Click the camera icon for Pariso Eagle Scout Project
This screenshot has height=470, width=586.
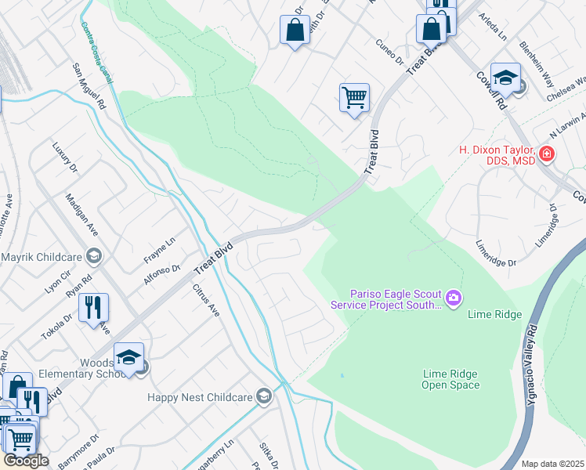pos(454,298)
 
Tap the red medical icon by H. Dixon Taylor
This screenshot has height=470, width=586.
pos(547,154)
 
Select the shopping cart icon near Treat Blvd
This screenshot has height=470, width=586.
pos(354,99)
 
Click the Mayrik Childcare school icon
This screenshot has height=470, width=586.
pos(94,255)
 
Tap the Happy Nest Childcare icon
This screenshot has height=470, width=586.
pos(264,396)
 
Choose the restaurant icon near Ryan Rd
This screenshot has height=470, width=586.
pos(94,308)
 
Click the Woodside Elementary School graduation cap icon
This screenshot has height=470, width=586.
pos(129,358)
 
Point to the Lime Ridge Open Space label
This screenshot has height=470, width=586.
pos(450,379)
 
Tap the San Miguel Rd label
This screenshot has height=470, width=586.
pos(89,88)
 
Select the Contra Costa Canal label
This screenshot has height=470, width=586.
pos(96,49)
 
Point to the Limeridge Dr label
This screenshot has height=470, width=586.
pos(497,253)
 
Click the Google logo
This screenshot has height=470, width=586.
pos(26,461)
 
